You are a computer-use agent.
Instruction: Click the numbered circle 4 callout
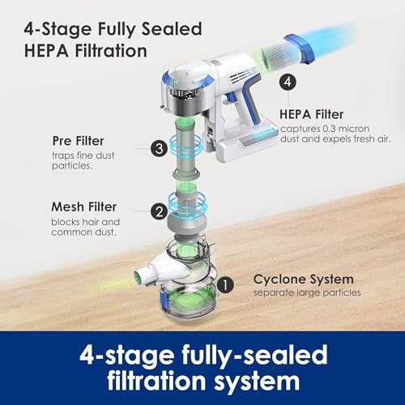288,82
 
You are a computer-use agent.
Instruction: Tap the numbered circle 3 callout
160,148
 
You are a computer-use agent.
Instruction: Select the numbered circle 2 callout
160,211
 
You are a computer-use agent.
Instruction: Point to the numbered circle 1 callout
225,284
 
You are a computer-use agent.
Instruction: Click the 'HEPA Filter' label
311,114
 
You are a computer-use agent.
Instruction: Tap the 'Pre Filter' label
78,141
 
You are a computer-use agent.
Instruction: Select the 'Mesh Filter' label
84,207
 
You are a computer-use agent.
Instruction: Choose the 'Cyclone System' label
304,279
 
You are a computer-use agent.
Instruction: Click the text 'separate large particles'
307,292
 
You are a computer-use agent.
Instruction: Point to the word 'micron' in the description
354,129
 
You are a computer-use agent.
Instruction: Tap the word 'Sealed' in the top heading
172,29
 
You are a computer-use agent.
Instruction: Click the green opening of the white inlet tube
138,277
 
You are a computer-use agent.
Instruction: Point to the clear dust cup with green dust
189,300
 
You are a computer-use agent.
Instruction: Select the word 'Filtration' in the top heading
111,51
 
